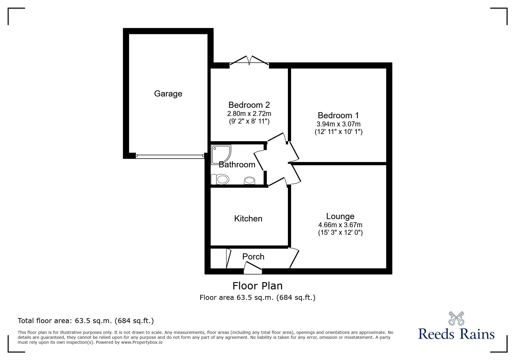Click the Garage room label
(x=168, y=94)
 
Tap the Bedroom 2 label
(x=249, y=105)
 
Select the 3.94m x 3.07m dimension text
(x=338, y=124)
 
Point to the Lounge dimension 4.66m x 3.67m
(x=340, y=225)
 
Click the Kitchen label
(x=248, y=218)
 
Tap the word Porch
(x=253, y=257)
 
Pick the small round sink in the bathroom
(x=250, y=180)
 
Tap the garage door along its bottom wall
(x=170, y=156)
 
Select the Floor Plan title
(x=257, y=286)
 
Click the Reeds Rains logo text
(x=456, y=334)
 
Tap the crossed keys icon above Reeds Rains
(x=456, y=318)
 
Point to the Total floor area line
(x=86, y=321)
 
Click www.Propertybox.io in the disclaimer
(x=142, y=342)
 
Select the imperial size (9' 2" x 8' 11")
(x=249, y=121)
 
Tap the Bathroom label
(x=237, y=165)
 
